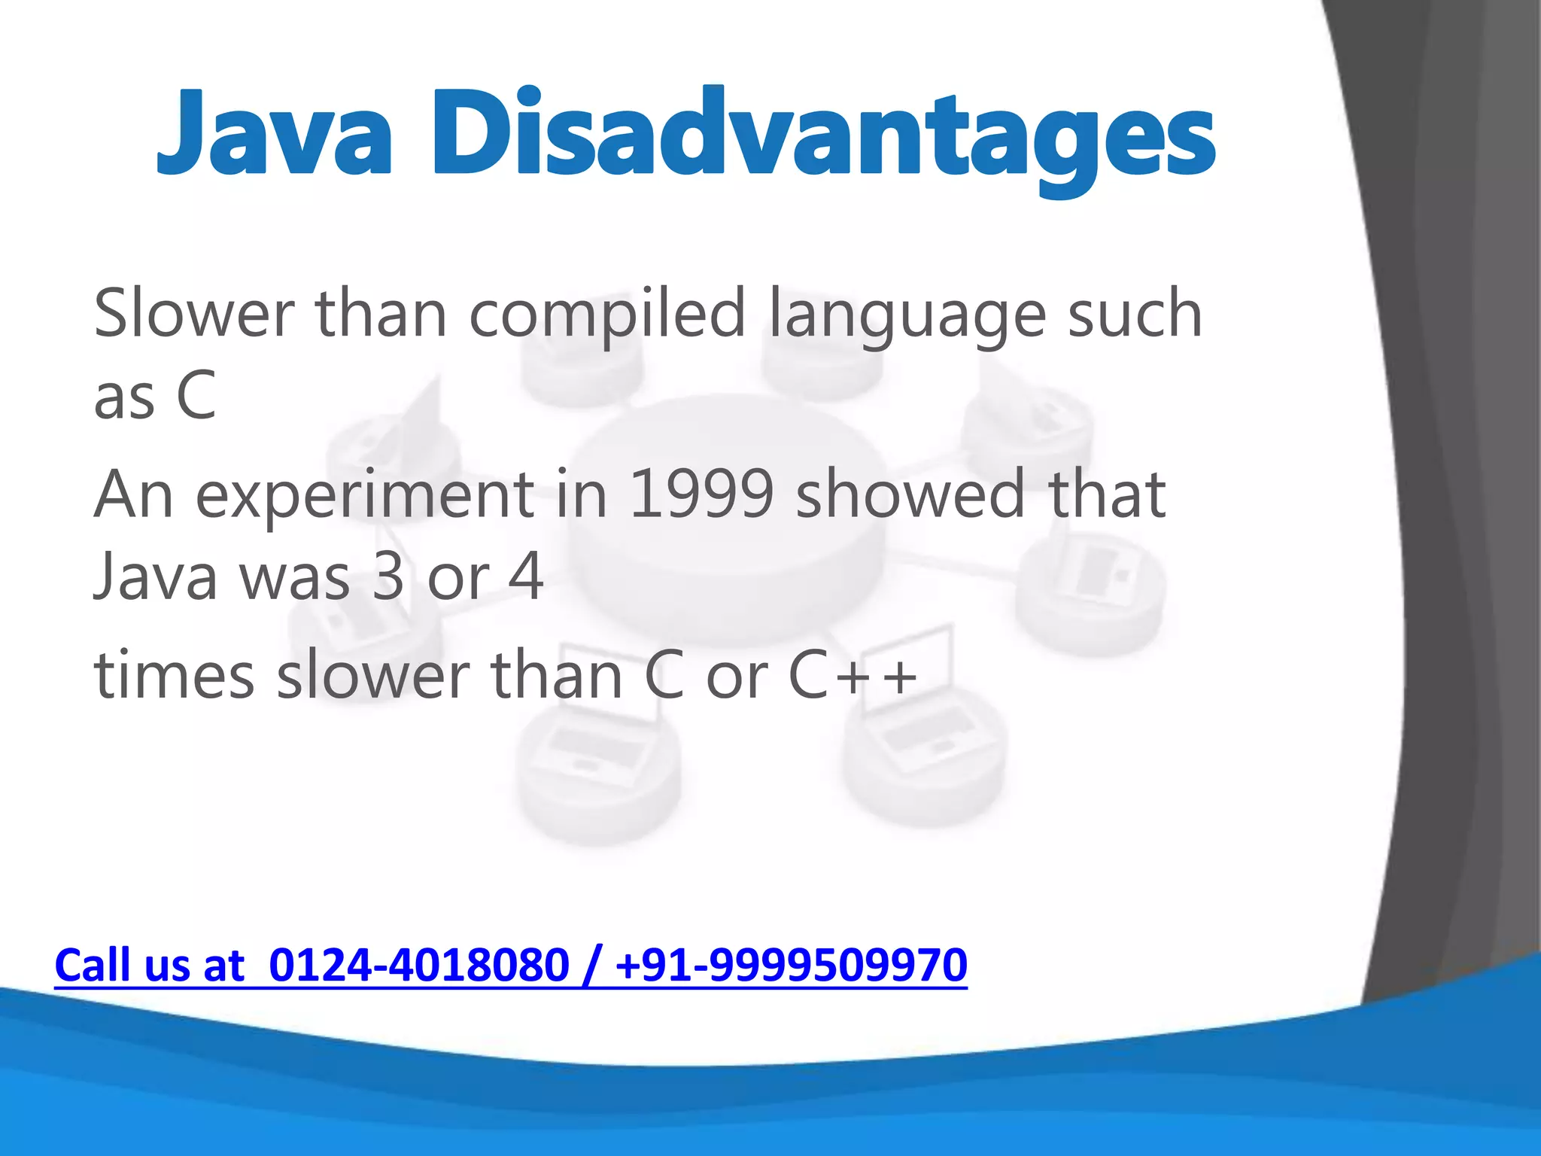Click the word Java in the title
point(275,134)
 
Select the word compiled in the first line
point(607,315)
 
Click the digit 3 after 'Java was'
point(388,576)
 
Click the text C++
point(853,675)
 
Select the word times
point(175,675)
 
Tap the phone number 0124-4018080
point(419,966)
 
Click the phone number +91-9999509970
point(791,966)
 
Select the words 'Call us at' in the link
point(150,966)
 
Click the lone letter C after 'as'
point(196,397)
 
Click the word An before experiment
point(134,494)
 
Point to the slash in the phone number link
point(591,966)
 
